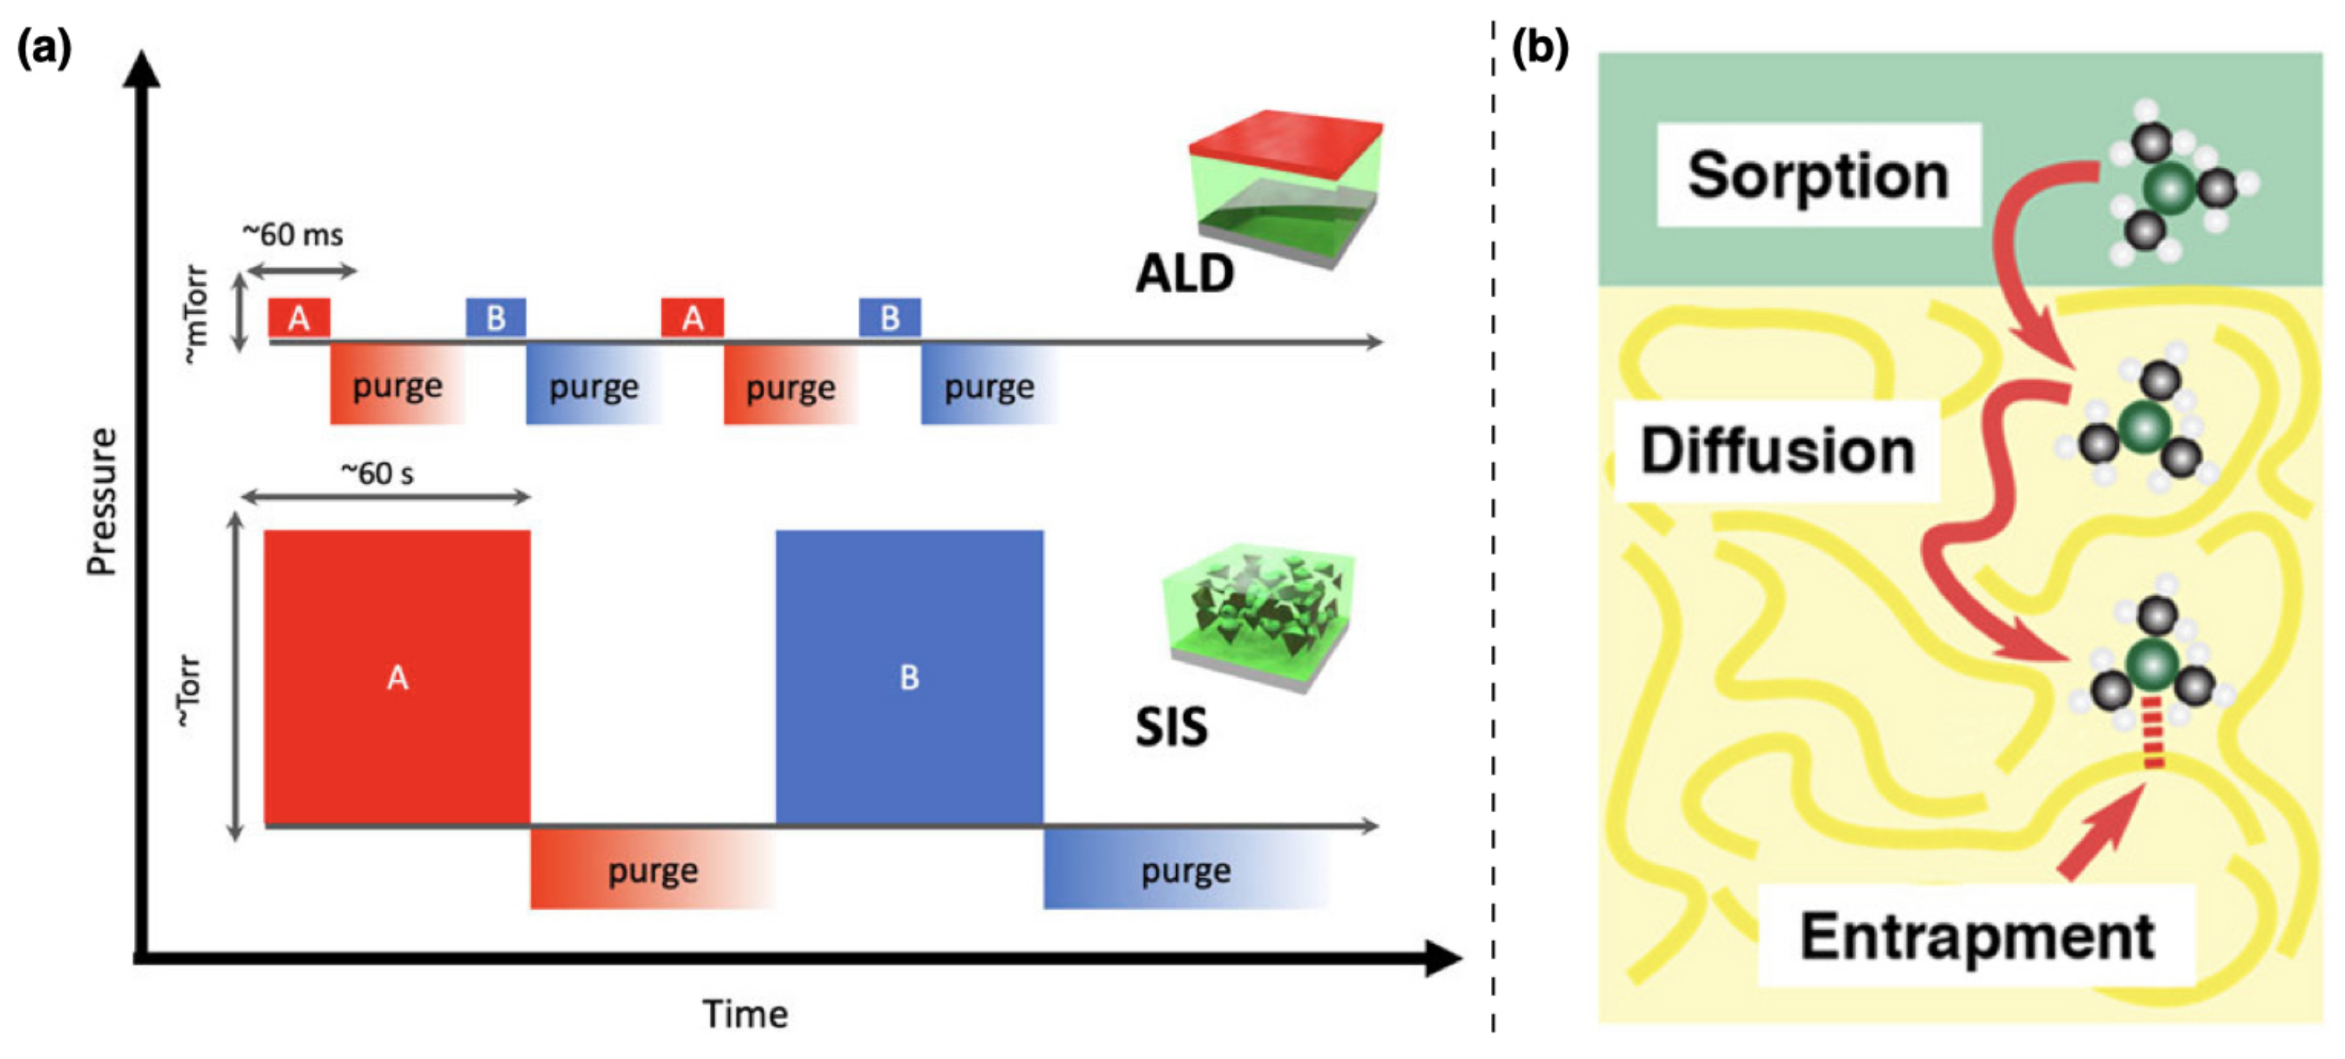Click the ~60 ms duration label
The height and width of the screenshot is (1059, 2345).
(292, 235)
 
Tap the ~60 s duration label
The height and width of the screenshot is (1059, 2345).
(377, 474)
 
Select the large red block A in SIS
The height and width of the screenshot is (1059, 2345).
(397, 677)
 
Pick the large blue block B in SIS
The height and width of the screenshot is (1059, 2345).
(908, 677)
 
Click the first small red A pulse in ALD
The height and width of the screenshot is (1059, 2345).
(299, 318)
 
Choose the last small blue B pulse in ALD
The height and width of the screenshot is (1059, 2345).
(889, 318)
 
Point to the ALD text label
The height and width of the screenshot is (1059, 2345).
(1183, 273)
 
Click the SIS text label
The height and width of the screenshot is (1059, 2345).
(1171, 727)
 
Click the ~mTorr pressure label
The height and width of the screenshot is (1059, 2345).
(195, 315)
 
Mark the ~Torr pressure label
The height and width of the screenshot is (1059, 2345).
(188, 691)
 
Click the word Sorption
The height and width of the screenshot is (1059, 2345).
(1818, 175)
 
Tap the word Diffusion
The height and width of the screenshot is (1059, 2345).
(1777, 450)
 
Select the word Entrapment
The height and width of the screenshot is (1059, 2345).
(1976, 936)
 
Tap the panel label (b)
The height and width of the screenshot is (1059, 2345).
(1539, 48)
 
